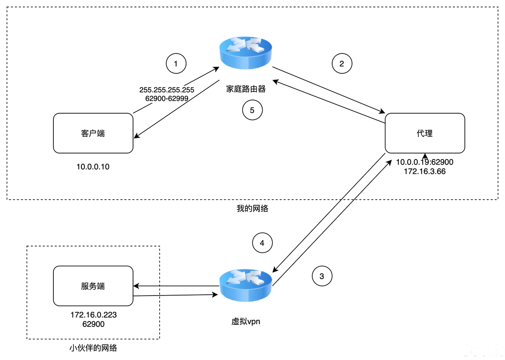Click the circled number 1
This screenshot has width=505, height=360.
click(176, 64)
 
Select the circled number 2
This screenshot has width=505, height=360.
click(342, 64)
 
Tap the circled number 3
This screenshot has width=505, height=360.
click(322, 276)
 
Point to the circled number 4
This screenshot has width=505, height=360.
click(262, 243)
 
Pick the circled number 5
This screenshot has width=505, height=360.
click(252, 110)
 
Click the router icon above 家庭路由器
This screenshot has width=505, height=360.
click(246, 53)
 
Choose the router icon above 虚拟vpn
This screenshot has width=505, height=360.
click(246, 285)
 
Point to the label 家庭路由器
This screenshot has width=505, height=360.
click(246, 89)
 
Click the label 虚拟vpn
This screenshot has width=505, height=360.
click(246, 321)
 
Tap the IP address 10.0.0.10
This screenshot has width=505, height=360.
click(93, 167)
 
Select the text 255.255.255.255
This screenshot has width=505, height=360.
click(166, 90)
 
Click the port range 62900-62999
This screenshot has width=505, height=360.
click(166, 98)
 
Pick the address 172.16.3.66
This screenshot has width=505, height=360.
click(425, 171)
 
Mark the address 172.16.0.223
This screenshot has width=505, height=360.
click(93, 315)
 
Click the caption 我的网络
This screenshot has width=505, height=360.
click(252, 209)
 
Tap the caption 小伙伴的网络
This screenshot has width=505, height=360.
click(93, 348)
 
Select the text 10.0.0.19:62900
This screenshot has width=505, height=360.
click(425, 162)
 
